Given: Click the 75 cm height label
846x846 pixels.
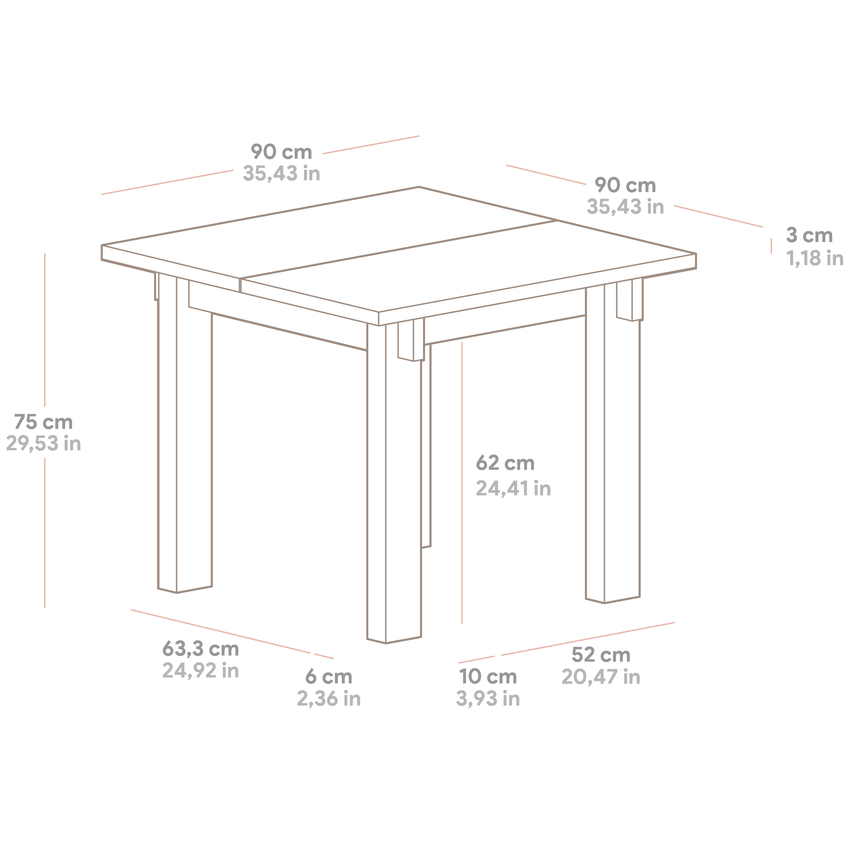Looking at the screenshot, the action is pyautogui.click(x=43, y=422).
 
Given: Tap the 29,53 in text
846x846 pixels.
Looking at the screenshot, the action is pyautogui.click(x=43, y=444).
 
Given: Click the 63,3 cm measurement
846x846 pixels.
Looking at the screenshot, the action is pyautogui.click(x=201, y=649).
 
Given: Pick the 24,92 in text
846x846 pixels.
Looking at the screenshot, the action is pyautogui.click(x=201, y=670).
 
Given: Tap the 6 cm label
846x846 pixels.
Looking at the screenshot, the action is pyautogui.click(x=328, y=676).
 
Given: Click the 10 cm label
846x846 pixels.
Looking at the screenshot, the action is pyautogui.click(x=488, y=676).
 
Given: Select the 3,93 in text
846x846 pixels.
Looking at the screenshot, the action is pyautogui.click(x=488, y=698).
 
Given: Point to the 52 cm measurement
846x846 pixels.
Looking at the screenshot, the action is pyautogui.click(x=601, y=655).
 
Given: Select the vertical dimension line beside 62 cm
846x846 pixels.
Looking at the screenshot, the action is pyautogui.click(x=462, y=483).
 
